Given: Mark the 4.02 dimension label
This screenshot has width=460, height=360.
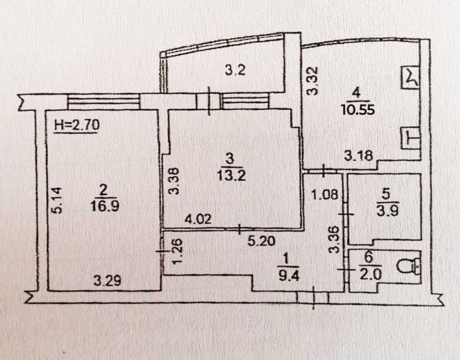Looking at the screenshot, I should point(198,220).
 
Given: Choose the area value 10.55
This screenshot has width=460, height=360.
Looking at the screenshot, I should point(355,110).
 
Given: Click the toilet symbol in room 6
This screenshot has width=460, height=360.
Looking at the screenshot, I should point(408,266).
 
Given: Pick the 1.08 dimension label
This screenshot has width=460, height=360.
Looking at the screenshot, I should point(323,195).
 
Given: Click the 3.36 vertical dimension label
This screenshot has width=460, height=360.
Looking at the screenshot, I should point(337,239).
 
